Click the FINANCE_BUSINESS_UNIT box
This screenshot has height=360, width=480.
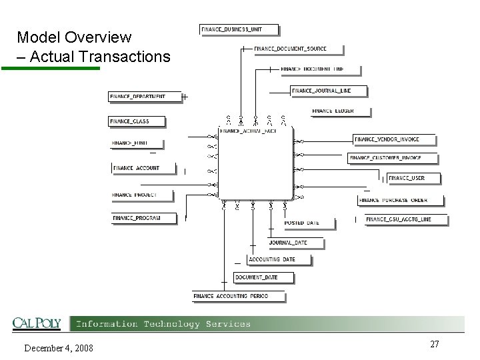click(x=239, y=29)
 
